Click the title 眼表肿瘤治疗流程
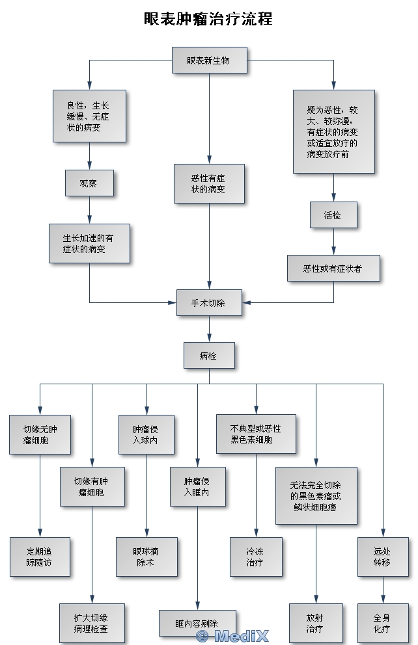point(208,19)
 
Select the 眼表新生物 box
point(209,60)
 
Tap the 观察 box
point(89,183)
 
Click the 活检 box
point(333,215)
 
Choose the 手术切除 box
point(209,303)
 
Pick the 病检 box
point(209,356)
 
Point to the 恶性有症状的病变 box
point(209,183)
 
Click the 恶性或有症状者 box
point(333,268)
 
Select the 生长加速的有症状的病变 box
point(89,243)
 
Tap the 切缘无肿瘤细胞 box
point(40,434)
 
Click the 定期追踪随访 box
point(40,557)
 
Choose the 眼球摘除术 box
point(146,557)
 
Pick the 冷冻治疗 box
point(256,557)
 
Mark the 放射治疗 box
point(316,623)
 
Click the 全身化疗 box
point(383,623)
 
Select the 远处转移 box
point(383,557)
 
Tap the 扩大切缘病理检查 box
point(92,623)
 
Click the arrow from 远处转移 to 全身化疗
point(383,590)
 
